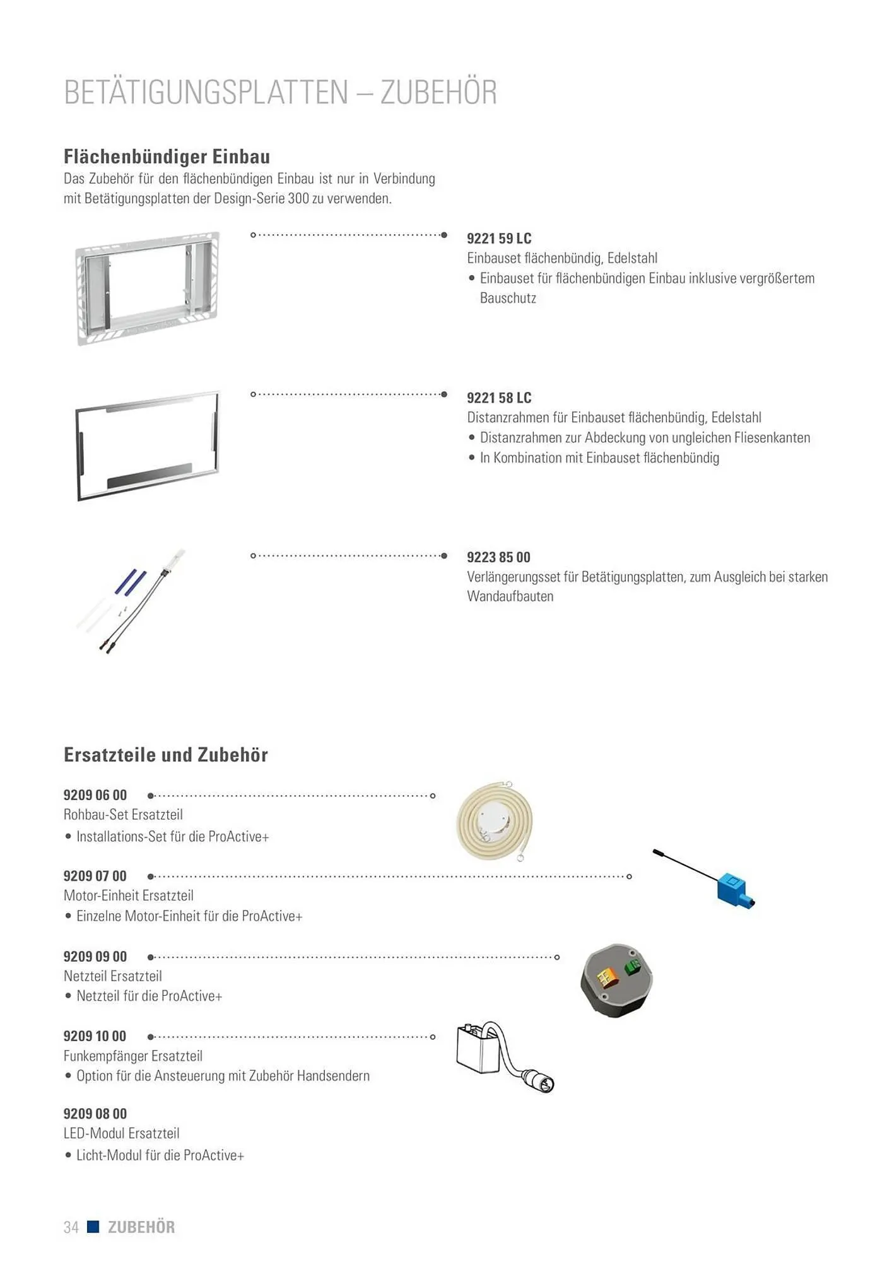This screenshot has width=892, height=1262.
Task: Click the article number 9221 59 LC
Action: click(499, 239)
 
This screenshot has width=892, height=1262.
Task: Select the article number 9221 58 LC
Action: click(499, 398)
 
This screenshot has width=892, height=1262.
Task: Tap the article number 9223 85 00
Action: click(498, 558)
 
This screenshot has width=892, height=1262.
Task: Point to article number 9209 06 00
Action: click(95, 795)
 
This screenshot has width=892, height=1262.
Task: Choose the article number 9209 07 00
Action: click(95, 876)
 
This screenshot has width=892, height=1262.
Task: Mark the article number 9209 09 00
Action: click(95, 957)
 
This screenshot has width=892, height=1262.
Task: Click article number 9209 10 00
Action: click(95, 1036)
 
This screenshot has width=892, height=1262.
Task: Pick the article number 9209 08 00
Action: click(95, 1114)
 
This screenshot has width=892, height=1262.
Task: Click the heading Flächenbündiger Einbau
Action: click(167, 156)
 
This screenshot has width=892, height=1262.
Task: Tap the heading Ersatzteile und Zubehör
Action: click(166, 755)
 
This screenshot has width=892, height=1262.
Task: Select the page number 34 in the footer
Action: click(71, 1227)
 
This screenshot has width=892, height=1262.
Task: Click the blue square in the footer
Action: click(93, 1227)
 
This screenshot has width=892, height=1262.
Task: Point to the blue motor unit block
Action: click(733, 888)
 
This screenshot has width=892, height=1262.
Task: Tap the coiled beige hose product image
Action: click(494, 821)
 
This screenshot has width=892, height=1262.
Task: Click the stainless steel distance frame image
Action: click(147, 445)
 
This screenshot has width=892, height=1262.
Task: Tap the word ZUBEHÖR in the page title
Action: click(438, 93)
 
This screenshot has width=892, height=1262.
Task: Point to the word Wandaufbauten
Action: click(510, 597)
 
